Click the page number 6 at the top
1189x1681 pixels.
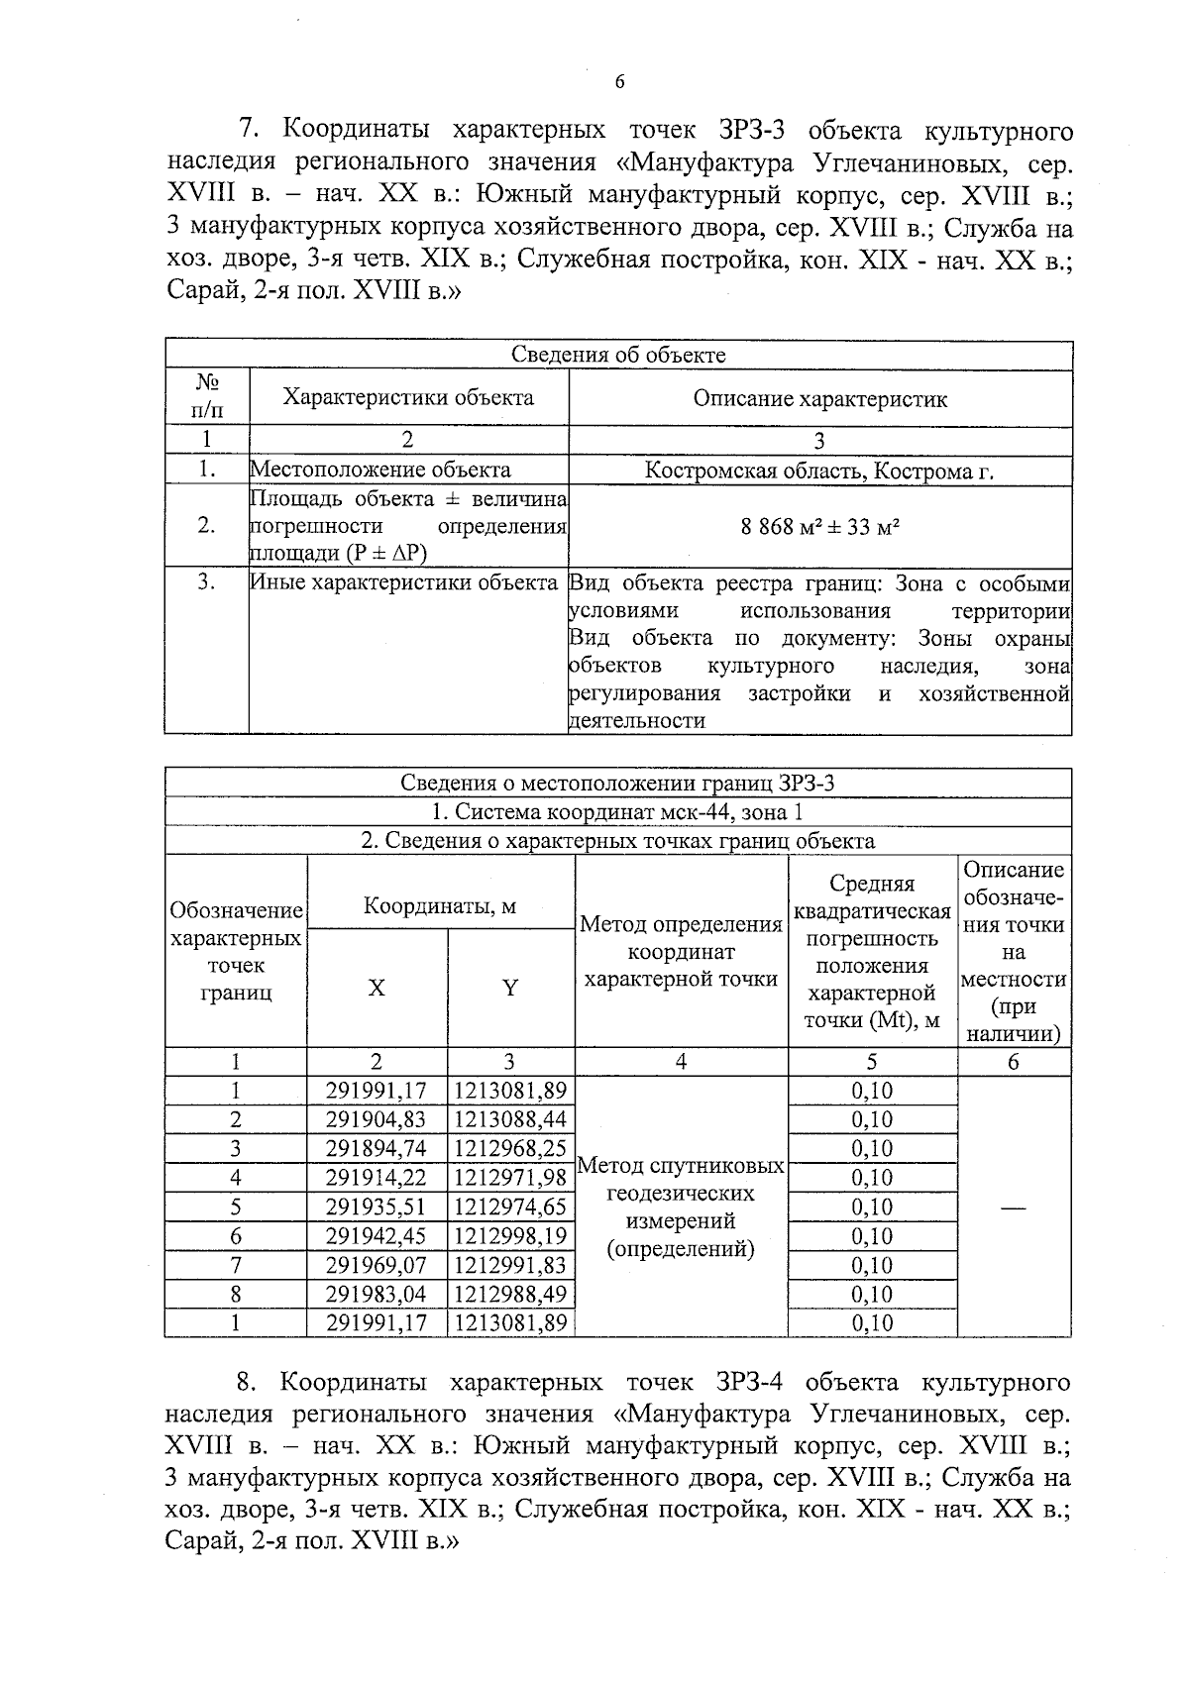pyautogui.click(x=620, y=82)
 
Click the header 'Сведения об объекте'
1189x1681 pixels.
pyautogui.click(x=618, y=355)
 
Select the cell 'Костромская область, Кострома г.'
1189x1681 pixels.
pyautogui.click(x=819, y=471)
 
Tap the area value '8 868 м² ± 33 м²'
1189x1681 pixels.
pyautogui.click(x=819, y=526)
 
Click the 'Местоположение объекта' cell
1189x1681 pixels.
pyautogui.click(x=380, y=471)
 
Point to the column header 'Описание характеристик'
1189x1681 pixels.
pyautogui.click(x=819, y=399)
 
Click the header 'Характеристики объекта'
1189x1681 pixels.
pyautogui.click(x=408, y=398)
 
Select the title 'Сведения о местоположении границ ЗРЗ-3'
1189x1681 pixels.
pyautogui.click(x=618, y=784)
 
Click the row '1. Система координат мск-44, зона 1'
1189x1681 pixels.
pyautogui.click(x=618, y=812)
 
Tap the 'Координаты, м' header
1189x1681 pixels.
pyautogui.click(x=440, y=905)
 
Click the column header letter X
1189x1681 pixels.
pyautogui.click(x=377, y=988)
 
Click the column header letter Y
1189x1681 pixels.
pyautogui.click(x=510, y=988)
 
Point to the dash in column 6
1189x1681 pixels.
pyautogui.click(x=1014, y=1208)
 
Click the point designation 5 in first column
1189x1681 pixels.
pyautogui.click(x=236, y=1208)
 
